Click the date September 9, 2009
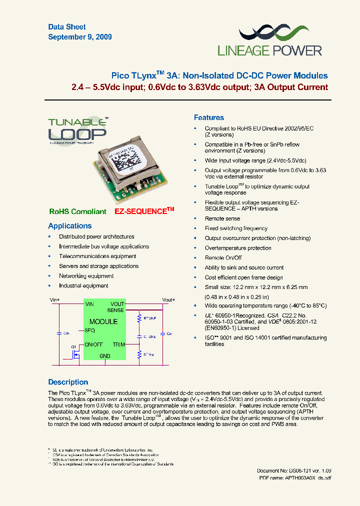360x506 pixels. (80, 37)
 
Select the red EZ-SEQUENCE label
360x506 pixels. (144, 211)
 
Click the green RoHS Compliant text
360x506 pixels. (77, 211)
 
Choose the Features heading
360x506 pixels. (208, 117)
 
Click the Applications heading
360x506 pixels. (70, 226)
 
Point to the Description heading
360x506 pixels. (68, 382)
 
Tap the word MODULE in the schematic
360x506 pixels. (103, 321)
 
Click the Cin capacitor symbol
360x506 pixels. (59, 332)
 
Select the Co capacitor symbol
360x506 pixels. (162, 333)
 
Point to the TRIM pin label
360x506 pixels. (118, 344)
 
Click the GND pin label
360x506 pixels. (104, 356)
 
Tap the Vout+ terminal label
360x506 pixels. (168, 299)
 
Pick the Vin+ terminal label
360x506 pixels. (54, 299)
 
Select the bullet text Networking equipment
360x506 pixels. (86, 276)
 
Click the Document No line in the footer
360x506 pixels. (294, 470)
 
